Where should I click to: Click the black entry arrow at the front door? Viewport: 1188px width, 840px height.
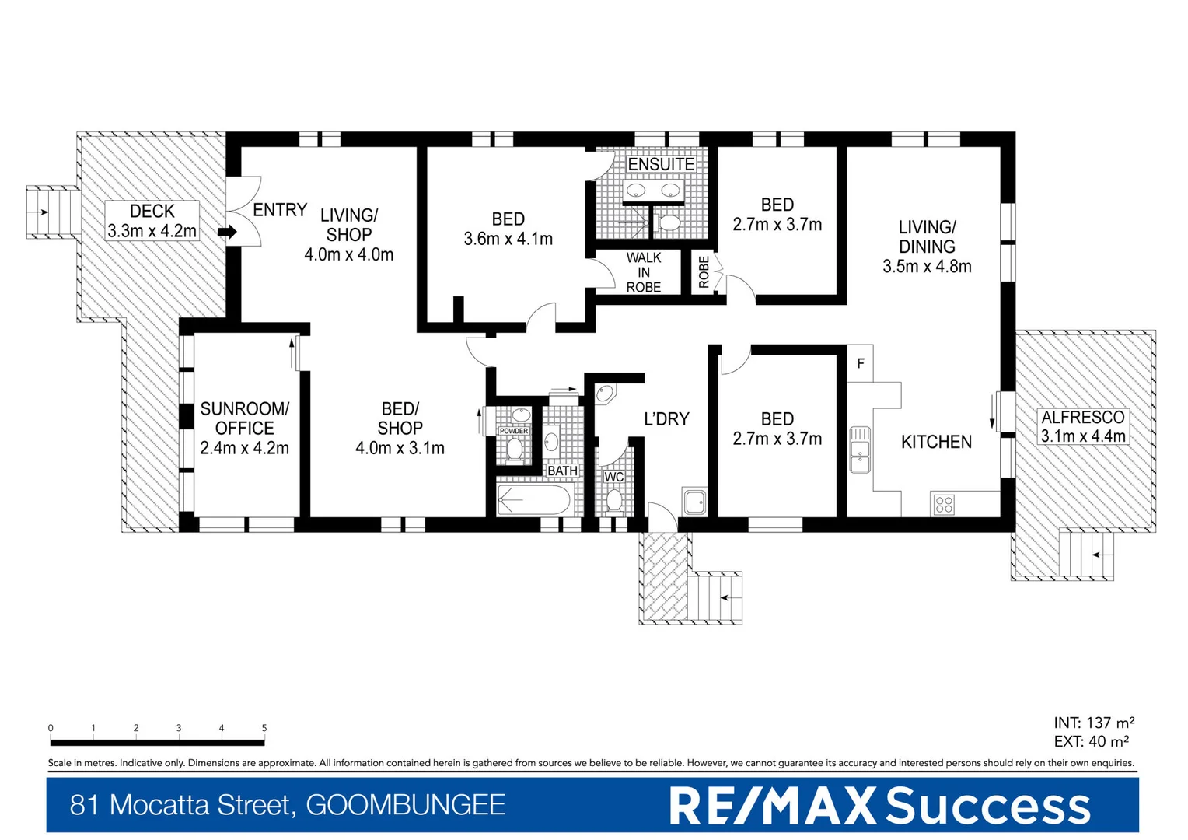click(227, 232)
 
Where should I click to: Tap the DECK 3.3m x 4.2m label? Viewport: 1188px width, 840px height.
click(152, 221)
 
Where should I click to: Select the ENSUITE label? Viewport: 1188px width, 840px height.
click(661, 164)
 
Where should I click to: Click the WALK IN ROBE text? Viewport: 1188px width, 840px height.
click(644, 272)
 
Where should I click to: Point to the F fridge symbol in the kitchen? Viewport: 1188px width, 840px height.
click(861, 363)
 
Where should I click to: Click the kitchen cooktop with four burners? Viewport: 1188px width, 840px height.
click(943, 504)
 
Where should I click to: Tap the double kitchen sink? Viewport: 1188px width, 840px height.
click(860, 450)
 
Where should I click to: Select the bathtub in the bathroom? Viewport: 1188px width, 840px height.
click(534, 500)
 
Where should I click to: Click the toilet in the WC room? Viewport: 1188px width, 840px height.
click(614, 499)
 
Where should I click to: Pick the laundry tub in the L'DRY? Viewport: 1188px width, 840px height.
click(694, 501)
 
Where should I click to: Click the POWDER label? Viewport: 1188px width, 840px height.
click(514, 431)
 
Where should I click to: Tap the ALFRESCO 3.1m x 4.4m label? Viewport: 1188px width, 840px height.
click(1083, 427)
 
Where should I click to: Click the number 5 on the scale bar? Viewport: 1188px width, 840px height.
click(264, 728)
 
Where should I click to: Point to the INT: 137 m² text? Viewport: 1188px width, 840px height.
click(1094, 723)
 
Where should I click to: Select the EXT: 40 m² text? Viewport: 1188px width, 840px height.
click(1091, 742)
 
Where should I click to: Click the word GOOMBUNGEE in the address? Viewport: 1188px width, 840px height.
click(405, 805)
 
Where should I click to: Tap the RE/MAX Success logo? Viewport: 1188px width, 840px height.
click(879, 806)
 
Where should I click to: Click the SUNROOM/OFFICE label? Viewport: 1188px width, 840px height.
click(244, 428)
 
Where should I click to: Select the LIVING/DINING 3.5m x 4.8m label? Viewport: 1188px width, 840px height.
click(927, 247)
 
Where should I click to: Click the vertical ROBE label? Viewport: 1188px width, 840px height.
click(704, 272)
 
